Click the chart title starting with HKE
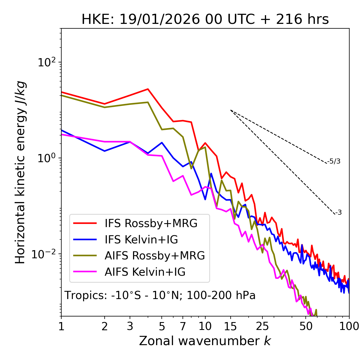coord(205,20)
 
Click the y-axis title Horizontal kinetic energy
coord(20,172)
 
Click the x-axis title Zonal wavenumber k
coord(205,341)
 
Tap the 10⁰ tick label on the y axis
coord(46,158)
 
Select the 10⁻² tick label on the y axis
coord(45,254)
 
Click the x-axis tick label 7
coord(183,326)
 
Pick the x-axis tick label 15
coord(231,326)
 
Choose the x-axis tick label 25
coord(262,326)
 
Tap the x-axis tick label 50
coord(306,326)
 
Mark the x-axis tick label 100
coord(349,326)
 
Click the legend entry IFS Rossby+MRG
coord(151,223)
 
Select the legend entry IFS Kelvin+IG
coord(141,240)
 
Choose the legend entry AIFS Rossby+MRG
coord(155,256)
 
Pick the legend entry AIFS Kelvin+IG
coord(145,272)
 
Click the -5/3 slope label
coord(334,162)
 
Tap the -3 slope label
coord(339,213)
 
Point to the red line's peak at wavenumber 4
coord(148,89)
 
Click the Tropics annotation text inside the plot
coord(160,296)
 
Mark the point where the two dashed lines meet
coord(231,110)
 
